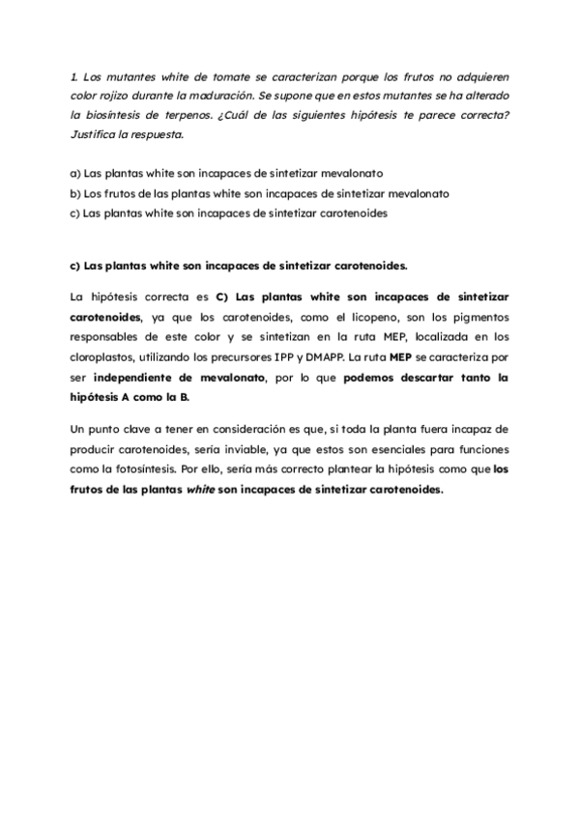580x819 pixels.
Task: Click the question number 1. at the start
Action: tap(74, 75)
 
